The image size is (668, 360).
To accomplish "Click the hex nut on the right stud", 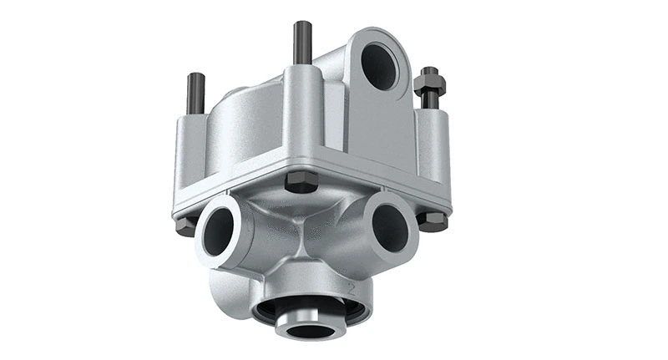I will coord(431,85).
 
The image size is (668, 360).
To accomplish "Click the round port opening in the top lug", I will coord(381,63).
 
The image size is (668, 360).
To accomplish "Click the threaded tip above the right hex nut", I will coord(431,71).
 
